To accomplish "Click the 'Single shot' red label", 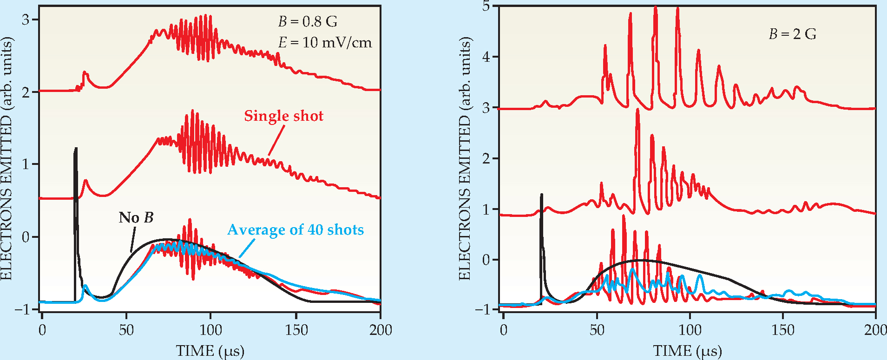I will click(x=283, y=116).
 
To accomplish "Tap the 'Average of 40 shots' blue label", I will click(x=296, y=230).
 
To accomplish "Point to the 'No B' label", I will click(x=136, y=218).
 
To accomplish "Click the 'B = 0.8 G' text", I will click(x=308, y=21).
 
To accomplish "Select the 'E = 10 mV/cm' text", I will click(x=325, y=43).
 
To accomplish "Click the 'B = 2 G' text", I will click(x=792, y=34).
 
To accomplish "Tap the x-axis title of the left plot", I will click(x=210, y=351).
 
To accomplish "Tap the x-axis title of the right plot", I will click(x=688, y=351).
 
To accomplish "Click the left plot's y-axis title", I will click(x=7, y=158).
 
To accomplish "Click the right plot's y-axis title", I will click(x=465, y=158).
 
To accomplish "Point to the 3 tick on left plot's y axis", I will click(x=26, y=20).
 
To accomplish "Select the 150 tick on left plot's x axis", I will click(x=296, y=330).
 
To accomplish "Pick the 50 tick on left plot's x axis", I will click(x=126, y=330).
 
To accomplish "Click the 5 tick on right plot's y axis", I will click(x=486, y=7).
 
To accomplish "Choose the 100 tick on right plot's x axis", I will click(x=690, y=330).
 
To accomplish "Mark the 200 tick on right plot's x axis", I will click(x=875, y=330).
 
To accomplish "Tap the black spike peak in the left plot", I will click(x=75, y=149).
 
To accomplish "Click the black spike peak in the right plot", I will click(x=541, y=195).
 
